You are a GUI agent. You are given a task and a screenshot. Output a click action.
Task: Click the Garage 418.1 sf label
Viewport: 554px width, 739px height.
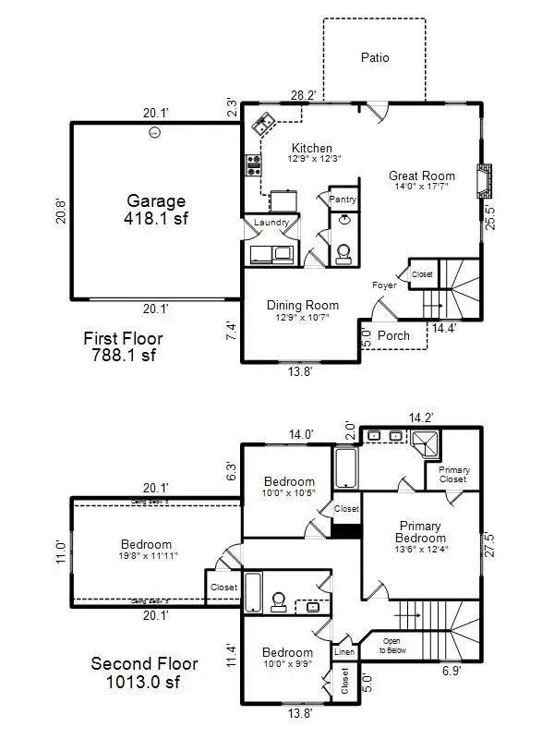click(156, 211)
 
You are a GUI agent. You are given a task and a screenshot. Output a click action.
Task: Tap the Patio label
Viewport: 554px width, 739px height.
click(374, 57)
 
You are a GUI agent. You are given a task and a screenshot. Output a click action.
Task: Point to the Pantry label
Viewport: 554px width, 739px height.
click(343, 199)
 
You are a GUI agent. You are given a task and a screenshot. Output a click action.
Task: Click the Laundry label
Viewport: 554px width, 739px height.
click(271, 223)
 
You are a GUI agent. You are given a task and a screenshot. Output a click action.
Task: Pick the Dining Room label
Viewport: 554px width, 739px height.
click(302, 310)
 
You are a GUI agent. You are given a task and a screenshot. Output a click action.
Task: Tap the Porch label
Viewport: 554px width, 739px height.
click(393, 335)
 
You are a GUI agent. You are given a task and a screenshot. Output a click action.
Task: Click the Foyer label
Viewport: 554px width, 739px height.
click(384, 286)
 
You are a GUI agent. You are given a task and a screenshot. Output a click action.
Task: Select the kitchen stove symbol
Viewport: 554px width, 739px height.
click(254, 165)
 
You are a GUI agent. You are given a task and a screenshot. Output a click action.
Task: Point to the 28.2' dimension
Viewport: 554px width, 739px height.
click(303, 95)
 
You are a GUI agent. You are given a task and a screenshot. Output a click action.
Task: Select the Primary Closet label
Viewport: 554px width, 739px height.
click(454, 475)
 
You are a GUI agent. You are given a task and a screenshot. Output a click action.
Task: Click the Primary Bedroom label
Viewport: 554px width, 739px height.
click(420, 538)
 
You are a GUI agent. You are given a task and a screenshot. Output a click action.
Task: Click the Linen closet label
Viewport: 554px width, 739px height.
click(343, 652)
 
